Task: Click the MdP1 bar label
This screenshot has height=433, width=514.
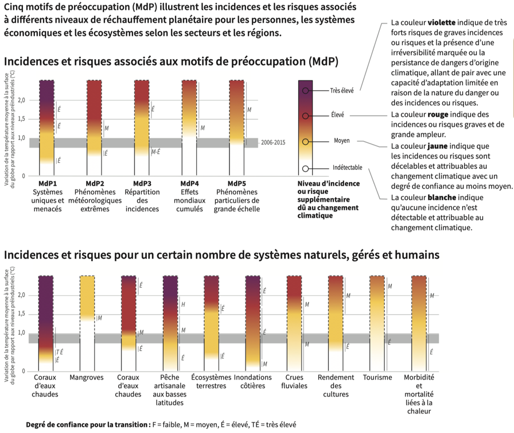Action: click(46, 183)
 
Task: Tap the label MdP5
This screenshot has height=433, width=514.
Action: click(236, 183)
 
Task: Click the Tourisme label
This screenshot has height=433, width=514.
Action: click(377, 378)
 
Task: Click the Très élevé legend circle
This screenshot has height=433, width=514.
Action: click(306, 90)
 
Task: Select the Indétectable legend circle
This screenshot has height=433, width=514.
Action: click(306, 168)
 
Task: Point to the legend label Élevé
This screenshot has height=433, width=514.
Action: click(337, 115)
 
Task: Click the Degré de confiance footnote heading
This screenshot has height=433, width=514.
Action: click(86, 425)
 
